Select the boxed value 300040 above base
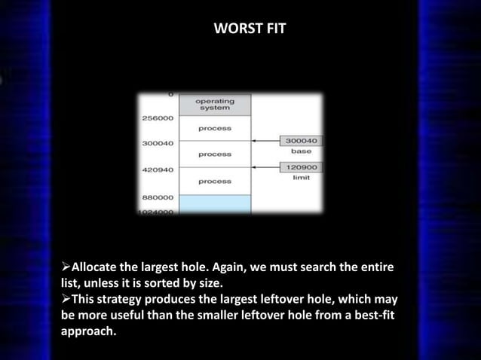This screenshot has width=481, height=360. click(301, 140)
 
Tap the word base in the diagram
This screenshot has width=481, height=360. click(301, 151)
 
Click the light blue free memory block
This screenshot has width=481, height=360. click(215, 204)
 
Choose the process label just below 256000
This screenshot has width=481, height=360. click(215, 128)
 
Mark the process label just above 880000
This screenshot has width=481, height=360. click(215, 181)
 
